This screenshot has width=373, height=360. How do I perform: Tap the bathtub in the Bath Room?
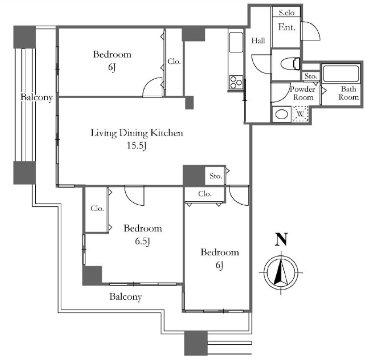point(341,74)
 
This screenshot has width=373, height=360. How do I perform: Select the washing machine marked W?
point(301,114)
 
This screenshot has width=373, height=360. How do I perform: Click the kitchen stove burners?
point(236,82)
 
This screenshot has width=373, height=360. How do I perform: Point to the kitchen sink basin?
point(236,42)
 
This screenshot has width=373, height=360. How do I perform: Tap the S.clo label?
point(287,13)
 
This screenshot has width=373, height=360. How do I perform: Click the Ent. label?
point(287,27)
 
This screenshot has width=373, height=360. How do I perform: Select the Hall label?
point(258,41)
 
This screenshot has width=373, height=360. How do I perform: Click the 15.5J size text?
point(136,146)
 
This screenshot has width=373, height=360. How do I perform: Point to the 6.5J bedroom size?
point(142,241)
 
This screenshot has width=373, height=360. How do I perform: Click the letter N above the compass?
point(281,239)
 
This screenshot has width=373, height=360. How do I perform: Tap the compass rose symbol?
point(281,272)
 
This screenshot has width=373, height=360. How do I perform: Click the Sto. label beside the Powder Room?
point(311,76)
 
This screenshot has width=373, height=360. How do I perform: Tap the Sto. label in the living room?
point(216,176)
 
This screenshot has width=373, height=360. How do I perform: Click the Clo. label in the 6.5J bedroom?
point(97,209)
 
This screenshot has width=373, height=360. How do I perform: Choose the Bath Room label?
point(349,93)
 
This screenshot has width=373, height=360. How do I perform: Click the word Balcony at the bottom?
point(126,297)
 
